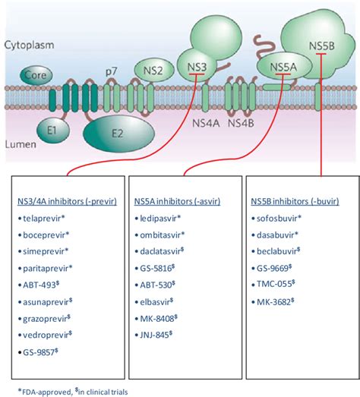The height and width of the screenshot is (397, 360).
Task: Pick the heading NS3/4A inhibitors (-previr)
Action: point(66,200)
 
